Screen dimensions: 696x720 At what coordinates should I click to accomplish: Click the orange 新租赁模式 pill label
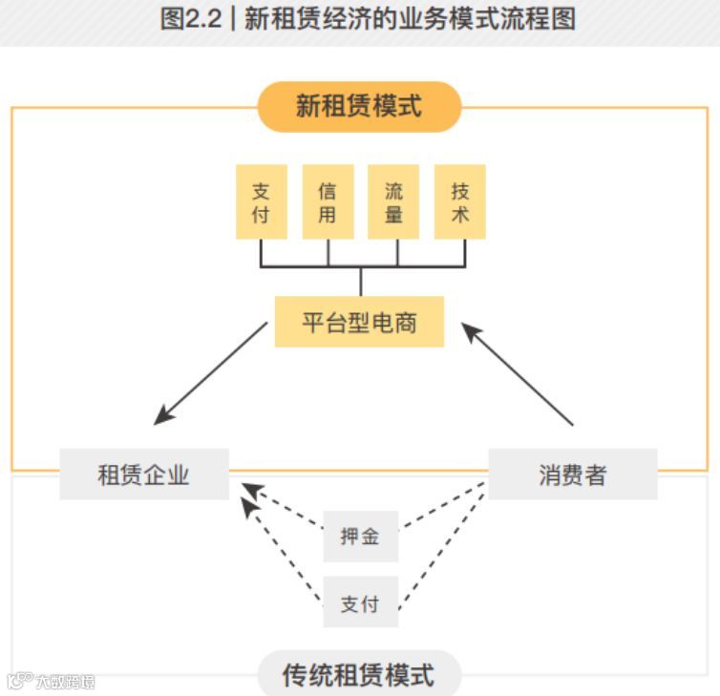pos(359,106)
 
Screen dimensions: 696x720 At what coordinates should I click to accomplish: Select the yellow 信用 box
pos(328,202)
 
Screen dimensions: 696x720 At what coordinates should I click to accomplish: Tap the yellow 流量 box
pos(393,202)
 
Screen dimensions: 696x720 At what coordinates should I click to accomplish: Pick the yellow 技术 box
pos(460,202)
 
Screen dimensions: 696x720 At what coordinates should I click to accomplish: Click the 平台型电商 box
pos(359,322)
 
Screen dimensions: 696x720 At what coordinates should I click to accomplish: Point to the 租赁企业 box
pos(144,475)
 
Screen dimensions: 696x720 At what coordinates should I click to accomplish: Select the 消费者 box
pos(573,475)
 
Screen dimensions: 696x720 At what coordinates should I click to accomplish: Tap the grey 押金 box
pos(360,537)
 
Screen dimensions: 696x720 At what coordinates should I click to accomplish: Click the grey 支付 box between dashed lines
pos(360,603)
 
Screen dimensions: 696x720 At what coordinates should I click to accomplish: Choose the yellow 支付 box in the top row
pos(261,202)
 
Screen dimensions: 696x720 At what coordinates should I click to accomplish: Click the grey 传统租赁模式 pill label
pos(359,675)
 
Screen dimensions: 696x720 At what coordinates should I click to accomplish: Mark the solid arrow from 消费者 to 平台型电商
pos(518,374)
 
